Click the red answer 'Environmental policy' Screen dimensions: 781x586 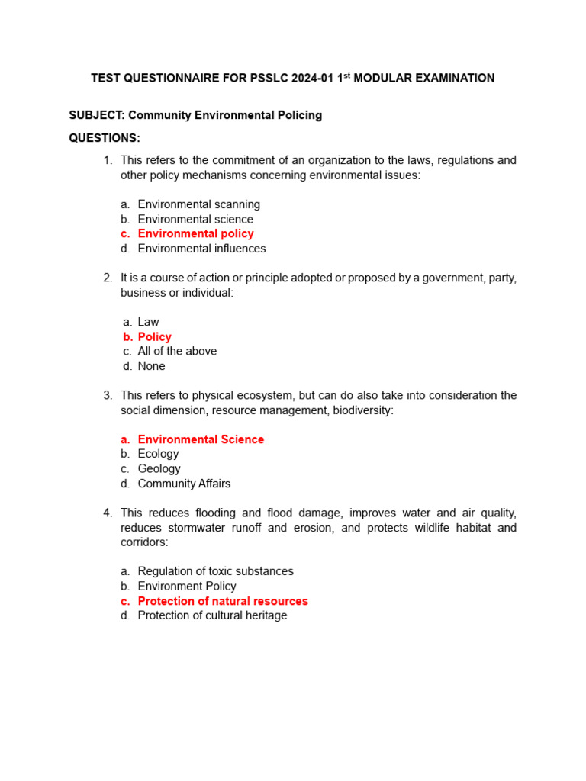(x=195, y=233)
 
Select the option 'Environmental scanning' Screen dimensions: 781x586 (x=198, y=204)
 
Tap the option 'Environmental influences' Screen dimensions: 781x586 (x=201, y=249)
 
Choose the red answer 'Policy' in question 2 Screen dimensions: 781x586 (x=154, y=336)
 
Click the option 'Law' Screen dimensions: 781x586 (x=148, y=322)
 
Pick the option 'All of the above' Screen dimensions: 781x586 (x=177, y=351)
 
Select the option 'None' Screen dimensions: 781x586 (x=151, y=366)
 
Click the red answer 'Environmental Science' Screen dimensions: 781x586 (x=201, y=439)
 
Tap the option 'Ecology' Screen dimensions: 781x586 (x=158, y=454)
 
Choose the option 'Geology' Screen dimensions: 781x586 (x=159, y=469)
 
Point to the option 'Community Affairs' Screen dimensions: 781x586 (x=184, y=484)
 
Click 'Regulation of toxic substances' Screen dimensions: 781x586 (x=215, y=571)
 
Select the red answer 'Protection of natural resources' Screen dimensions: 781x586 (x=223, y=601)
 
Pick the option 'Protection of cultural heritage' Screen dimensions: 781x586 (x=212, y=615)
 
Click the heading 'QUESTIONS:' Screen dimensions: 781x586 (x=105, y=138)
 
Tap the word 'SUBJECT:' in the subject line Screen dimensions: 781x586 (x=97, y=115)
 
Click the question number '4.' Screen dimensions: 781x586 (x=108, y=513)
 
